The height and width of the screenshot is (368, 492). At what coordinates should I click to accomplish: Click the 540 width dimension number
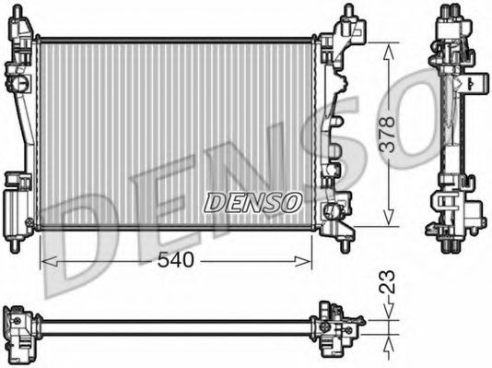[x=176, y=260]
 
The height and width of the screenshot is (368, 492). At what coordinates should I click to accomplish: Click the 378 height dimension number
[x=387, y=135]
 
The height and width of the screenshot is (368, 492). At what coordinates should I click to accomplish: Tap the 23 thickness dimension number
[x=387, y=282]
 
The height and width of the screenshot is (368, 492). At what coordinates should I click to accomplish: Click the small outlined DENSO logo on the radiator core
[x=252, y=203]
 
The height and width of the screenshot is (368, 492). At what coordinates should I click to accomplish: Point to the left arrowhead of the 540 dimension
[x=49, y=261]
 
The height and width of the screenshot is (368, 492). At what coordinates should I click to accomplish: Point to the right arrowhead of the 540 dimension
[x=303, y=261]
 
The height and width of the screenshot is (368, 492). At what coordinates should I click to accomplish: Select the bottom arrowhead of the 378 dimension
[x=389, y=218]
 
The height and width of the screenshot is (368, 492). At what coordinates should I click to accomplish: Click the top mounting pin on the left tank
[x=18, y=12]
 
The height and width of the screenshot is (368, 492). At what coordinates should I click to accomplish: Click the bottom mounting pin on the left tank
[x=15, y=245]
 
